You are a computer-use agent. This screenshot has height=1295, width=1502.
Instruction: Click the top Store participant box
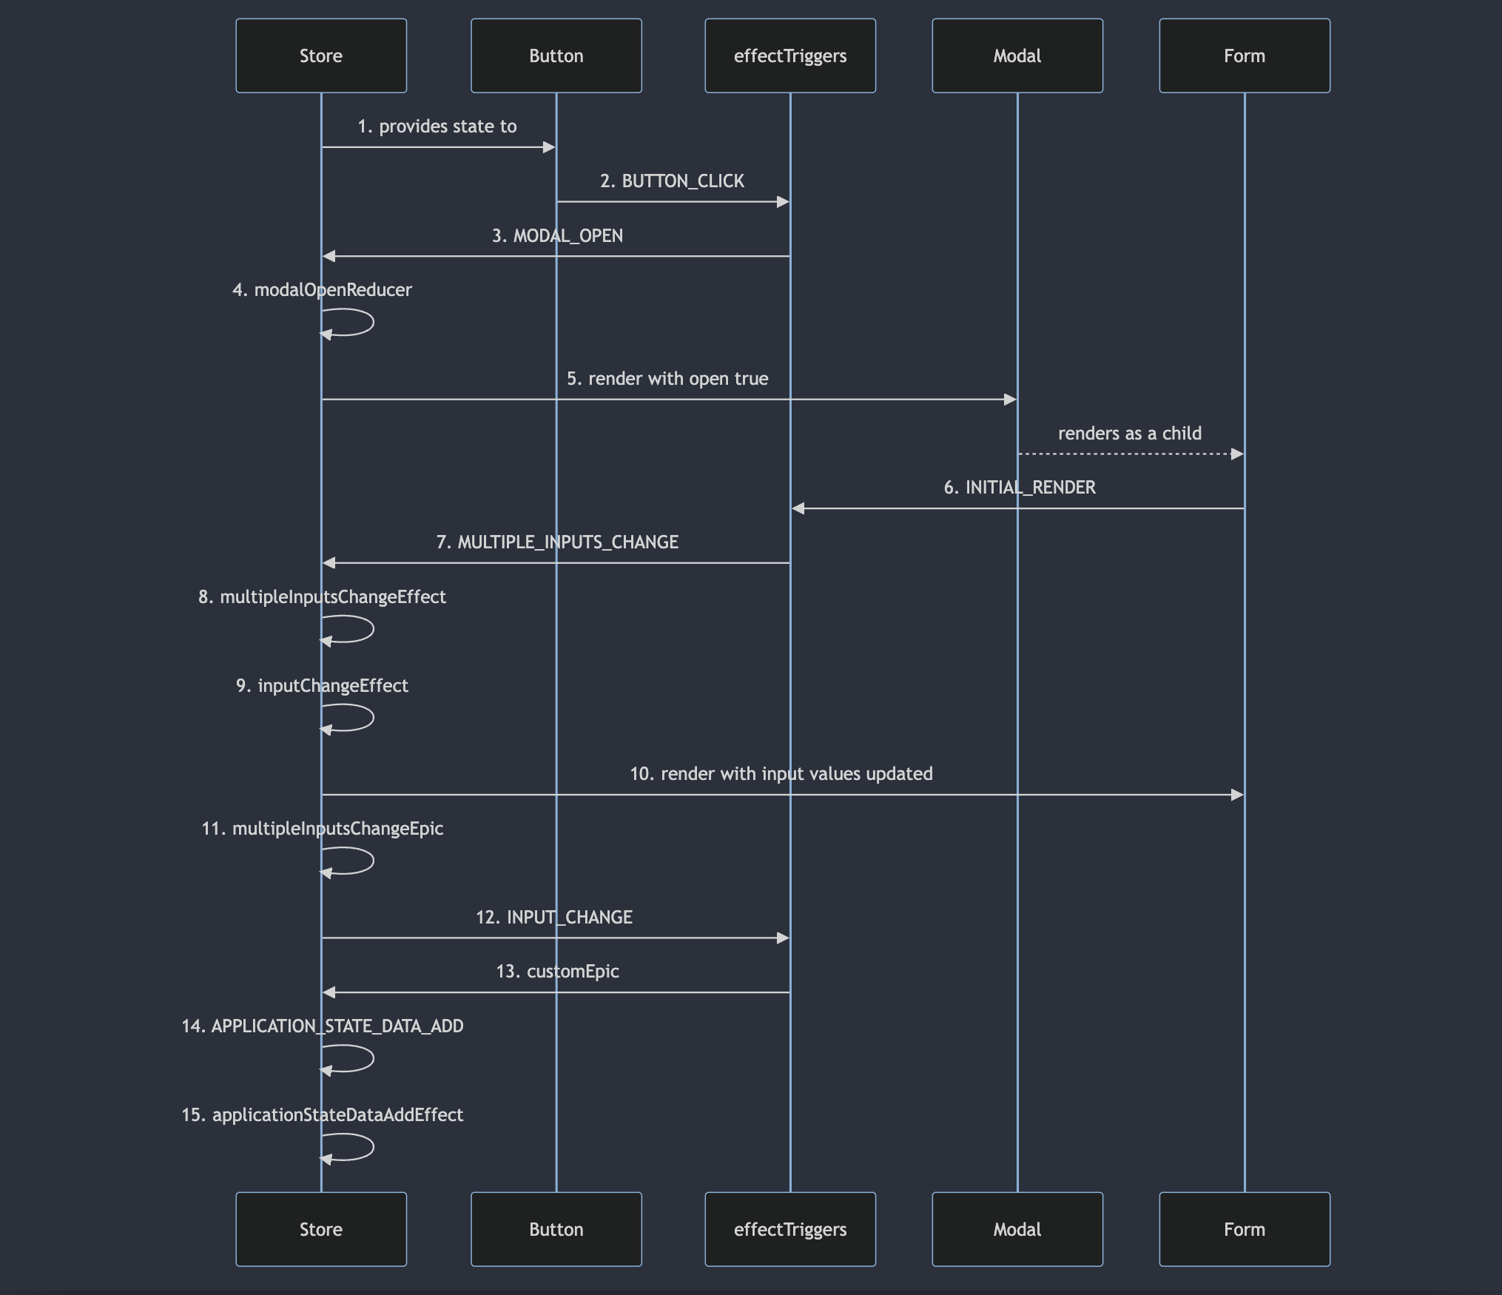pos(321,55)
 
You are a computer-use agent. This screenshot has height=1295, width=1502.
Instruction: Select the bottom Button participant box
pos(556,1229)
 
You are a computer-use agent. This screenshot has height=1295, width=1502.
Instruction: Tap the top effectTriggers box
pos(790,55)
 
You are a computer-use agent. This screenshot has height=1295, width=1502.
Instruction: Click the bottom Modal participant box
pos(1017,1229)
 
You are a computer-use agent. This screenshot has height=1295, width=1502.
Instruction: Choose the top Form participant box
pos(1245,55)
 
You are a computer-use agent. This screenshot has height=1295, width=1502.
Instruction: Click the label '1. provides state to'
pos(437,127)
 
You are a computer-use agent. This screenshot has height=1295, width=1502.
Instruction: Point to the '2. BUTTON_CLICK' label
pos(673,181)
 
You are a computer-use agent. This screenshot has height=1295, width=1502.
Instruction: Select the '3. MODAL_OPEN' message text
pos(558,236)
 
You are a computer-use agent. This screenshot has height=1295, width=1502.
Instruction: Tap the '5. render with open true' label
pos(667,379)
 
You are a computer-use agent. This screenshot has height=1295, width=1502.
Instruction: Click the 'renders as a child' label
pos(1130,434)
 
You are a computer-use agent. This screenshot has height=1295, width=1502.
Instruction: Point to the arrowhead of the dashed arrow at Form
pos(1237,454)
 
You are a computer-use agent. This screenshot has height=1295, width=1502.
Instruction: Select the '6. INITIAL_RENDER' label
pos(1020,488)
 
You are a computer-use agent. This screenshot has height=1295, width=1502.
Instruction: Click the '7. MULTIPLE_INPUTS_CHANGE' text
pos(557,542)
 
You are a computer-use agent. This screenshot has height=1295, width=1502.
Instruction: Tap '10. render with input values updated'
pos(781,774)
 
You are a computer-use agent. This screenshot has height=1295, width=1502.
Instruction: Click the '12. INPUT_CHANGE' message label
pos(554,918)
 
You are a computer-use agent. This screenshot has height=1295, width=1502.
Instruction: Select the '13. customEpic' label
pos(558,972)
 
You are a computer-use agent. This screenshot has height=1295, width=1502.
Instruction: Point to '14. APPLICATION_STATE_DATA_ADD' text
pos(323,1026)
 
